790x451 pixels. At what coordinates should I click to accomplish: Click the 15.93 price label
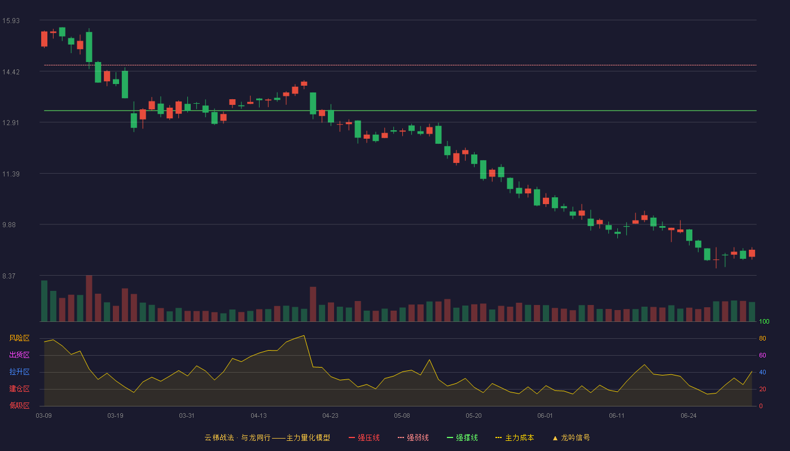click(11, 21)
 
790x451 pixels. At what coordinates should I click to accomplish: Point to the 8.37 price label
click(9, 276)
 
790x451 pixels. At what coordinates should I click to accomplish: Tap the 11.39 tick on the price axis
click(11, 174)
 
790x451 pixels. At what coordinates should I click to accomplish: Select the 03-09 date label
click(44, 416)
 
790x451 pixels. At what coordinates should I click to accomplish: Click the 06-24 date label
click(688, 416)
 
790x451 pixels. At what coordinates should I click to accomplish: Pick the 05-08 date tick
click(402, 416)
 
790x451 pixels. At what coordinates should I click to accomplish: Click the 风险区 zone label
click(19, 338)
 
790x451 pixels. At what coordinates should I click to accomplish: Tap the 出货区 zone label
click(19, 355)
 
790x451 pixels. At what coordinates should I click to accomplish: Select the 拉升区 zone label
click(19, 372)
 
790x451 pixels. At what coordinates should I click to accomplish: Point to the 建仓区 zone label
click(19, 388)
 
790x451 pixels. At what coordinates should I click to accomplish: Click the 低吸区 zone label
click(19, 405)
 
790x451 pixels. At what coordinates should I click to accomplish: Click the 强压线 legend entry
click(364, 437)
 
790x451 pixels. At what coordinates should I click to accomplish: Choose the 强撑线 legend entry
click(462, 437)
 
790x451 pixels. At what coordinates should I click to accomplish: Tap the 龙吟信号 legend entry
click(571, 437)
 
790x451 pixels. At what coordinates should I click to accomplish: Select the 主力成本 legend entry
click(515, 437)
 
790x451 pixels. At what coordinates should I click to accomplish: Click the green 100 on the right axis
click(764, 321)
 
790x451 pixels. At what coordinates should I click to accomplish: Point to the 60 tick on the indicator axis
click(762, 355)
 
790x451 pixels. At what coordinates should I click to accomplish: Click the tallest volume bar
click(89, 298)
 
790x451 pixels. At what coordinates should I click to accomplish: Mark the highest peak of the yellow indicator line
click(304, 335)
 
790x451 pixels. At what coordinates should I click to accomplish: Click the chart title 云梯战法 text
click(219, 437)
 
